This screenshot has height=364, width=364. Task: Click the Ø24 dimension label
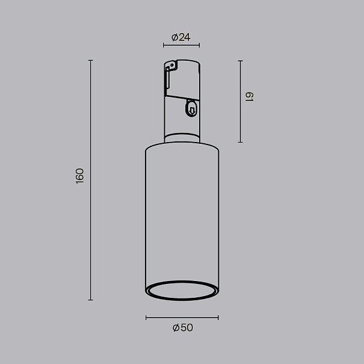pos(181,37)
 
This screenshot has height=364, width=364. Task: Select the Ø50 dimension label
pos(183,327)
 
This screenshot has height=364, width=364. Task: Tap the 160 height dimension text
pos(79,176)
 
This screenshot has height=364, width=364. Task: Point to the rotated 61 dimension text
pos(250,97)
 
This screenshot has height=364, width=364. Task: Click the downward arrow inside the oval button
pos(192,110)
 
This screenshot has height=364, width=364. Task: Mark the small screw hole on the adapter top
pos(171,65)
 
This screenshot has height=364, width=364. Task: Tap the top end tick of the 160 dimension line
pos(90,60)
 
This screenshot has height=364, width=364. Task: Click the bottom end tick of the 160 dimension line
pos(90,300)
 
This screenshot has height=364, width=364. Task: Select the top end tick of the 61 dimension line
pos(241,61)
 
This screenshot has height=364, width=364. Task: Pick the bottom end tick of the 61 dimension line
pos(241,142)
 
